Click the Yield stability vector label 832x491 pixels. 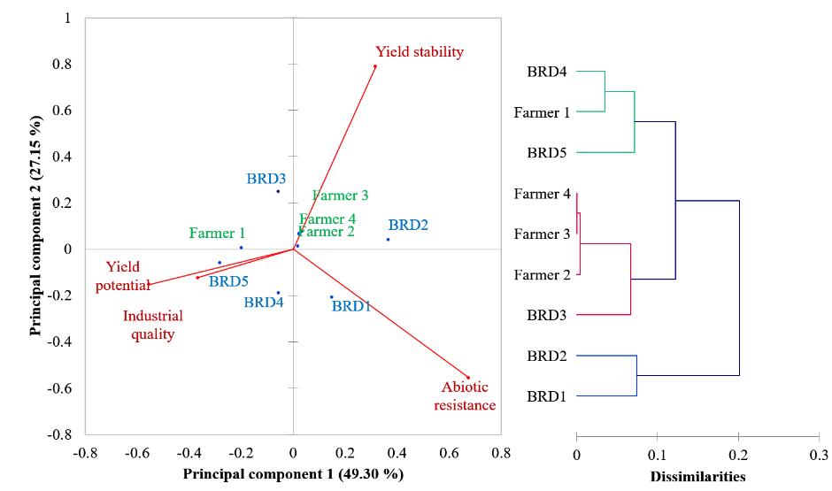[419, 52]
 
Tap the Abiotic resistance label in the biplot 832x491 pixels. [468, 396]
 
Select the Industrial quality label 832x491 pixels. [153, 325]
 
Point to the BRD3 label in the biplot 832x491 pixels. [266, 179]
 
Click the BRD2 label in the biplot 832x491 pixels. [408, 226]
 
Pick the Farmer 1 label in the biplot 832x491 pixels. [217, 234]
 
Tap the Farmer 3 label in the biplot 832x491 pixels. [340, 196]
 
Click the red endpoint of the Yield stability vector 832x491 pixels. [374, 66]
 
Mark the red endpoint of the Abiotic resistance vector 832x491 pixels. [468, 378]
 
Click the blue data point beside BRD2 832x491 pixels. [388, 239]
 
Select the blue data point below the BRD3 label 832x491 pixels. [278, 191]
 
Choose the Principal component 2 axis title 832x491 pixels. [35, 225]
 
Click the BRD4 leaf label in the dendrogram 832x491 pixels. [547, 71]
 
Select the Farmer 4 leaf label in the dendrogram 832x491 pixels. [541, 194]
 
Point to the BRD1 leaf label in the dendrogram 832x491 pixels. [547, 396]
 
